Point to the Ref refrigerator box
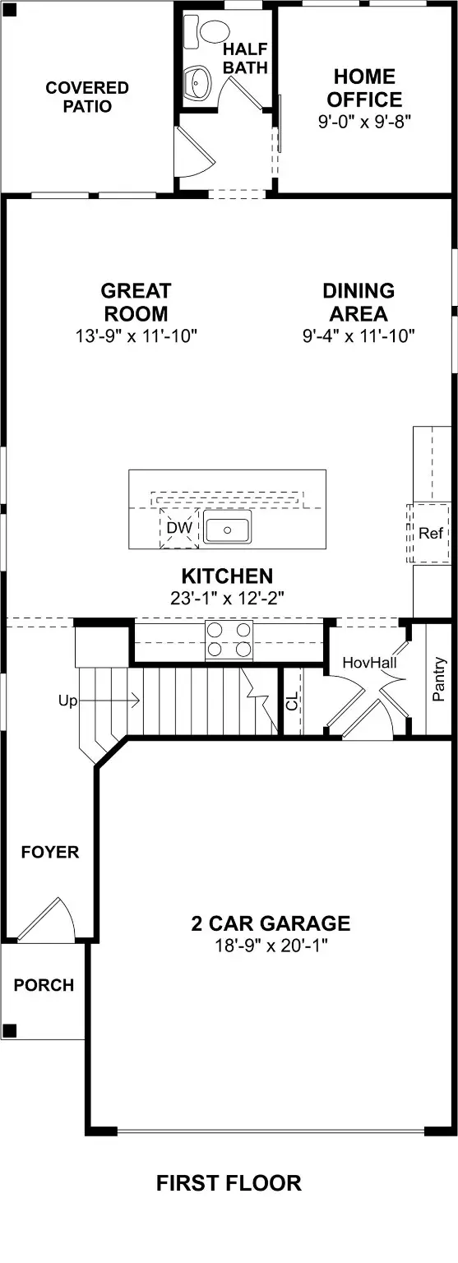pyautogui.click(x=430, y=533)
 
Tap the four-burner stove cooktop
pyautogui.click(x=229, y=639)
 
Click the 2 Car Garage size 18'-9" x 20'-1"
pyautogui.click(x=271, y=946)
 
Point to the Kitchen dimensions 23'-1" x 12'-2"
pyautogui.click(x=227, y=598)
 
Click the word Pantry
pyautogui.click(x=439, y=678)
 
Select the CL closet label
pyautogui.click(x=292, y=701)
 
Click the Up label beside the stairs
pyautogui.click(x=67, y=701)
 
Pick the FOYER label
pyautogui.click(x=50, y=852)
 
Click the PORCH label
pyautogui.click(x=44, y=984)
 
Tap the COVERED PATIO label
pyautogui.click(x=87, y=97)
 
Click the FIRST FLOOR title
pyautogui.click(x=229, y=1183)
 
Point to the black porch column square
pyautogui.click(x=9, y=1030)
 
